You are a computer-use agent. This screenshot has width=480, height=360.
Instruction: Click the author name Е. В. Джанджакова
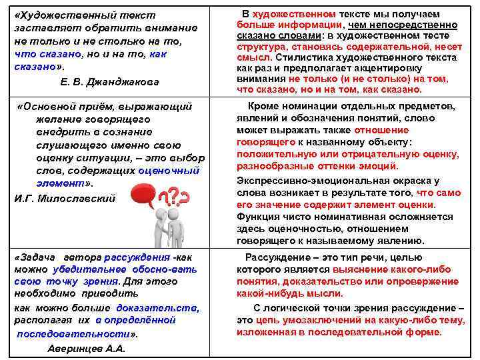(x=110, y=81)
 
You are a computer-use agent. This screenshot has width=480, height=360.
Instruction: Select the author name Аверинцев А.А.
(x=87, y=348)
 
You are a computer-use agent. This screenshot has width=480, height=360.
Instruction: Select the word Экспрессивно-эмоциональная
(x=301, y=181)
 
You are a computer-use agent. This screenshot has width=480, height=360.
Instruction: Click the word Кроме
(x=263, y=106)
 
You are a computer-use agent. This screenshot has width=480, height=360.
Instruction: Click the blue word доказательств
(x=157, y=307)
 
